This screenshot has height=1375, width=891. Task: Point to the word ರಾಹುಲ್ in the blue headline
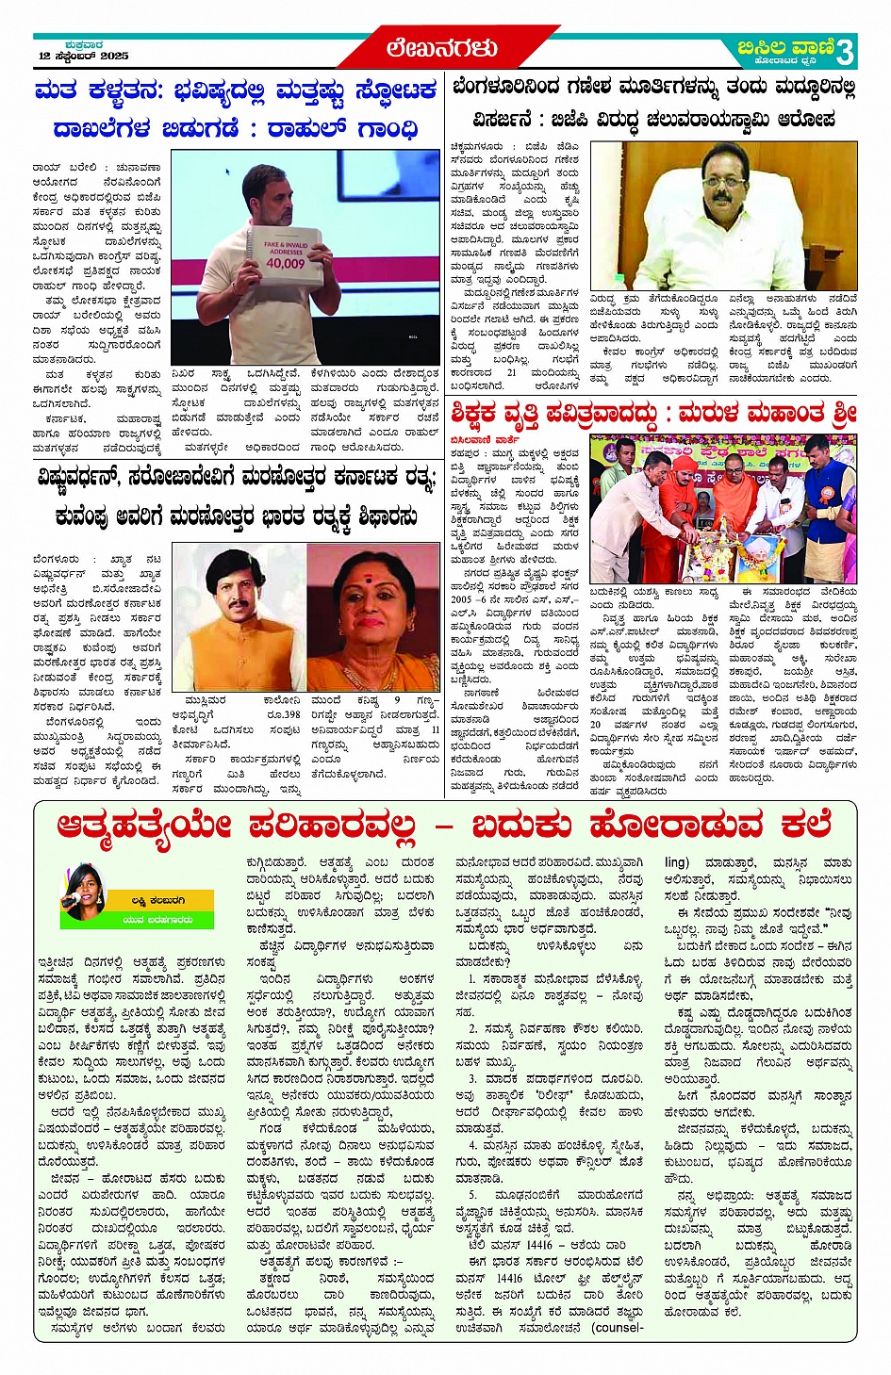(x=305, y=127)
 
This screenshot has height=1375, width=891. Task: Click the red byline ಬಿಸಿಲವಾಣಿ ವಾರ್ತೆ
(x=485, y=438)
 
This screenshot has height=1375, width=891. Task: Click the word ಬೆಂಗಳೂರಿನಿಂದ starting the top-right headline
(x=507, y=88)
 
